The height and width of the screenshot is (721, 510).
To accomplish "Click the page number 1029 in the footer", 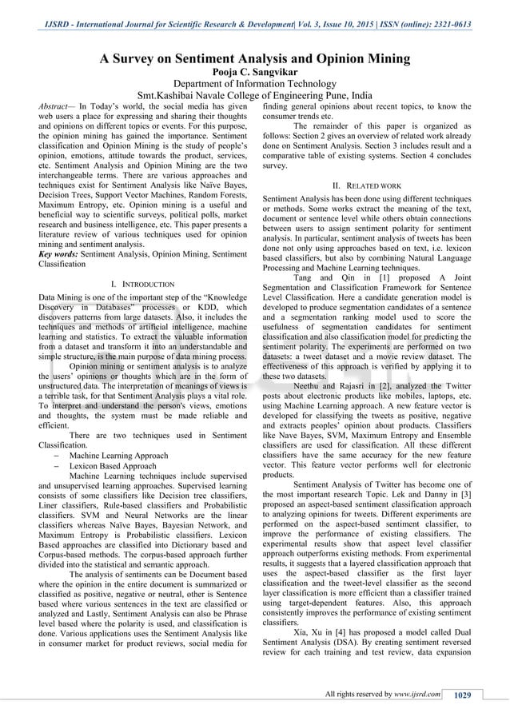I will point(462,694).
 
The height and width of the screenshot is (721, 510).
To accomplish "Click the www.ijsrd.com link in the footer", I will point(417,694).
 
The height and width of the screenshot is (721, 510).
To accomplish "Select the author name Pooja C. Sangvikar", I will point(254,72).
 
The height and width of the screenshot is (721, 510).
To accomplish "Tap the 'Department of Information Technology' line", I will point(254,86).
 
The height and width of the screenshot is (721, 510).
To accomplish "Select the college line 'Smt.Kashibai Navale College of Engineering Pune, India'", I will point(254,97).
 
